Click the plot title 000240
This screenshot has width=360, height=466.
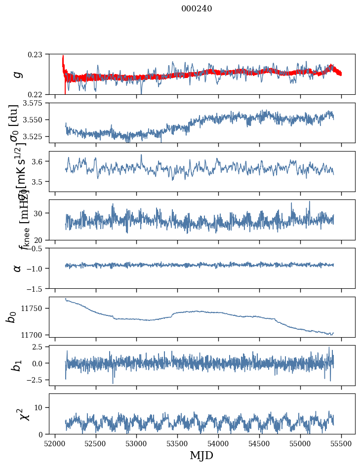coord(197,9)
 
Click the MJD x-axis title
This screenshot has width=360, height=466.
coord(201,456)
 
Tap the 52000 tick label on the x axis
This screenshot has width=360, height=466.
coord(55,443)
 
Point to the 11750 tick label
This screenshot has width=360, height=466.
coord(35,308)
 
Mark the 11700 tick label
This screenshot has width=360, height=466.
coord(35,335)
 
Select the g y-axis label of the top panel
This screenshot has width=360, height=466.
coord(18,74)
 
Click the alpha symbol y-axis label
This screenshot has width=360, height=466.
coord(18,268)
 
